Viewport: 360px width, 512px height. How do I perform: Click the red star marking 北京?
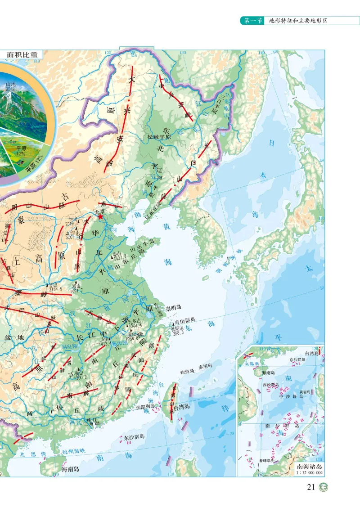pyautogui.click(x=101, y=218)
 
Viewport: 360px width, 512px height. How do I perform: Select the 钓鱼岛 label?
pyautogui.click(x=186, y=372)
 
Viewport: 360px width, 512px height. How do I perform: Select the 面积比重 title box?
pyautogui.click(x=21, y=55)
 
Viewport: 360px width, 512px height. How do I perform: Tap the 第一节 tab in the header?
pyautogui.click(x=253, y=20)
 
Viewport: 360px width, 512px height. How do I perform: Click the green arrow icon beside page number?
pyautogui.click(x=324, y=487)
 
